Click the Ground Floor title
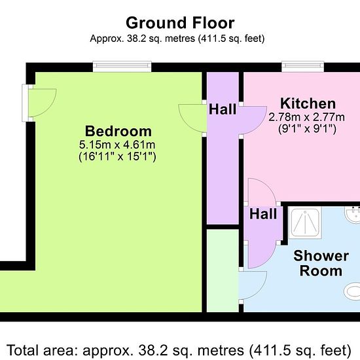click(x=180, y=23)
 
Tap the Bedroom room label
click(x=118, y=131)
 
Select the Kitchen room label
click(x=308, y=104)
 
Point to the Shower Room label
click(x=321, y=263)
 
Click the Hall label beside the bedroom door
click(x=223, y=109)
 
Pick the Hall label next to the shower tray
click(x=263, y=214)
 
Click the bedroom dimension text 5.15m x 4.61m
click(x=117, y=145)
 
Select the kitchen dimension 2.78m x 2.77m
click(x=306, y=117)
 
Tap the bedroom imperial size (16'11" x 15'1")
click(x=117, y=156)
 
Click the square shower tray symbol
click(x=304, y=223)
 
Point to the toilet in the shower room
click(x=352, y=291)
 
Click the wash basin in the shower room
click(x=352, y=215)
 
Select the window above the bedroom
click(x=122, y=67)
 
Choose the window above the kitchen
click(x=303, y=67)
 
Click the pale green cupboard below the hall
click(x=223, y=271)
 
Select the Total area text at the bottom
click(x=179, y=350)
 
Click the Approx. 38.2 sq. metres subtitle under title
click(x=177, y=39)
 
